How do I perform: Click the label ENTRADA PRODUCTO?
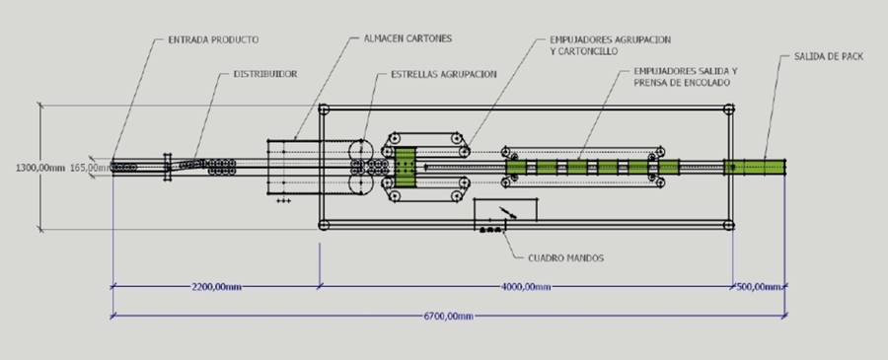click(213, 40)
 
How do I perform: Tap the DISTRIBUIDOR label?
click(265, 74)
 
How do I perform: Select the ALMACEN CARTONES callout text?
click(407, 39)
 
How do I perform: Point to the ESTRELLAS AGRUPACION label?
click(443, 74)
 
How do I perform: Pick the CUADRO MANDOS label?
click(565, 258)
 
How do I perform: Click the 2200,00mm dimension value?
click(216, 287)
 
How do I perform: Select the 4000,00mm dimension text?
click(526, 287)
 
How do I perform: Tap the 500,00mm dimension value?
click(759, 287)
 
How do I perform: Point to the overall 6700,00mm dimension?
click(448, 316)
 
